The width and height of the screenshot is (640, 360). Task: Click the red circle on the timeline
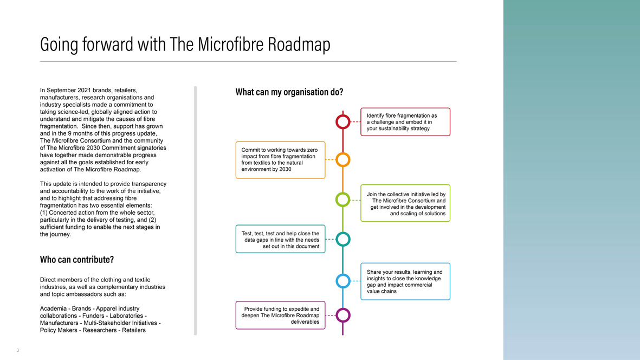pyautogui.click(x=343, y=115)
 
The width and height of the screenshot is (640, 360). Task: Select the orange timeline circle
pyautogui.click(x=343, y=153)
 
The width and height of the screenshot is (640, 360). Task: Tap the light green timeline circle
pyautogui.click(x=343, y=193)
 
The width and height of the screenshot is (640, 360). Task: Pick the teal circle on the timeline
pyautogui.click(x=343, y=233)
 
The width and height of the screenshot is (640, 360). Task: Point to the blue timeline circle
pyautogui.click(x=343, y=274)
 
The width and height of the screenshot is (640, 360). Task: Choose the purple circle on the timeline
pyautogui.click(x=343, y=308)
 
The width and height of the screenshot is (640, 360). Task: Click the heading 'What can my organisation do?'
pyautogui.click(x=289, y=92)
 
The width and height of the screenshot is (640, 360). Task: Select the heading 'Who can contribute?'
pyautogui.click(x=77, y=260)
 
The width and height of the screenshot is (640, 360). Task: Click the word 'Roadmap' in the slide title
pyautogui.click(x=299, y=44)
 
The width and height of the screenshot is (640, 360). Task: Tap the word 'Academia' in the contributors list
pyautogui.click(x=53, y=308)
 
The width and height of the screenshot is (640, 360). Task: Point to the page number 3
pyautogui.click(x=18, y=350)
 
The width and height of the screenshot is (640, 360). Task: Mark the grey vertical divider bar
pyautogui.click(x=196, y=210)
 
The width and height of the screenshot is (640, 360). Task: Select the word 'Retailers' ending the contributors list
pyautogui.click(x=133, y=330)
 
